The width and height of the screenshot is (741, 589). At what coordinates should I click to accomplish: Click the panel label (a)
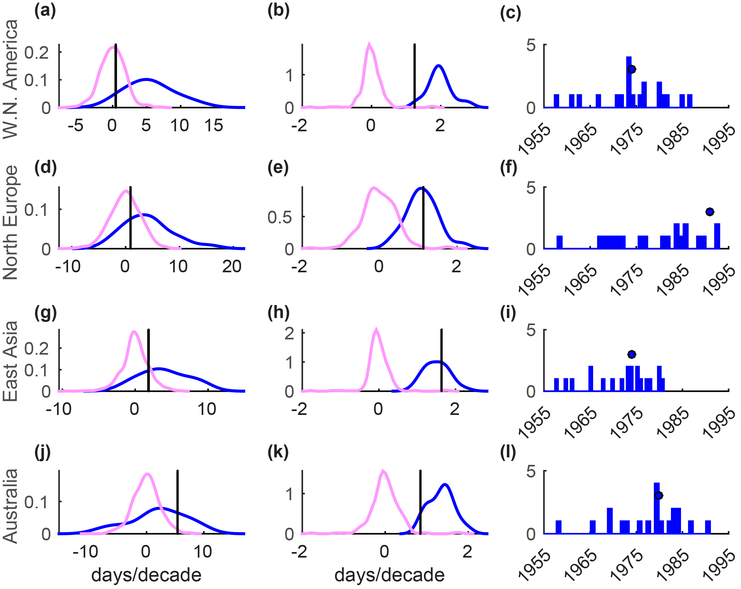coord(45,11)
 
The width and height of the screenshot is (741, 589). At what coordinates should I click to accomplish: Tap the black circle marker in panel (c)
coord(631,69)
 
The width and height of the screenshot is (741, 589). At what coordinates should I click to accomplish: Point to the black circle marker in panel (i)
coord(632,354)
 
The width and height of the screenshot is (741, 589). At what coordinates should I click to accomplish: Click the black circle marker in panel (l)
coord(659,496)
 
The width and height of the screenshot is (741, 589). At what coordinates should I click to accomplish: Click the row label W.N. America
coord(10,79)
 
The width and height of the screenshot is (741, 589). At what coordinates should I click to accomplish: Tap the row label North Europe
coord(10,222)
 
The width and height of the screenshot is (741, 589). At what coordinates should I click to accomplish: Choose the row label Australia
coord(10,506)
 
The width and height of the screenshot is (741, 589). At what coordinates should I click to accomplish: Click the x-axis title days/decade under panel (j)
coord(146,575)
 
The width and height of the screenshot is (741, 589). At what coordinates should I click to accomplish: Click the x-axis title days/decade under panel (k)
coord(389,575)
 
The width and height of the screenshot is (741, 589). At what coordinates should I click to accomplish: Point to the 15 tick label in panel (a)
coord(213,125)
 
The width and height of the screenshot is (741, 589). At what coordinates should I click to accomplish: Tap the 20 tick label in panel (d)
coord(232,267)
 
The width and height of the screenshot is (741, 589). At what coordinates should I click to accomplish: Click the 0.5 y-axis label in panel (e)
coord(280,217)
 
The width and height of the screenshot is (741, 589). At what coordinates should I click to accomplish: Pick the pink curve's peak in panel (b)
coord(369,45)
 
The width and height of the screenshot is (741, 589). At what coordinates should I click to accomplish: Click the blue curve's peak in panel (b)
coord(438,65)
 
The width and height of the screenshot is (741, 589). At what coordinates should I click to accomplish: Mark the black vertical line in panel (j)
coord(177,502)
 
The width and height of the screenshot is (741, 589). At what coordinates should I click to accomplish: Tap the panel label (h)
coord(278,312)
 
